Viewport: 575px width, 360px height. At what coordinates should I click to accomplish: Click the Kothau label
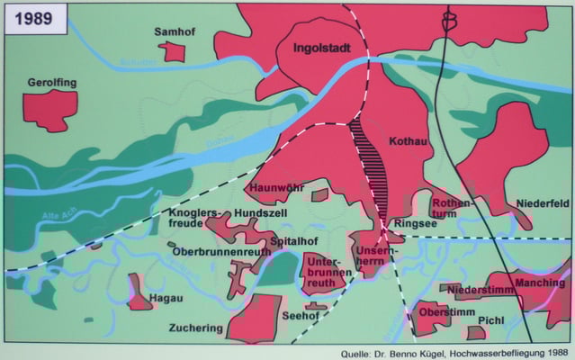coord(409,141)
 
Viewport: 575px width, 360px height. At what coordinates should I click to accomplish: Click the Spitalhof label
coord(293,241)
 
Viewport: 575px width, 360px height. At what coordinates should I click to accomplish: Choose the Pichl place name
coord(491,319)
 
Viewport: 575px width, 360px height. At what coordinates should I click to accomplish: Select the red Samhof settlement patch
coord(172,51)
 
